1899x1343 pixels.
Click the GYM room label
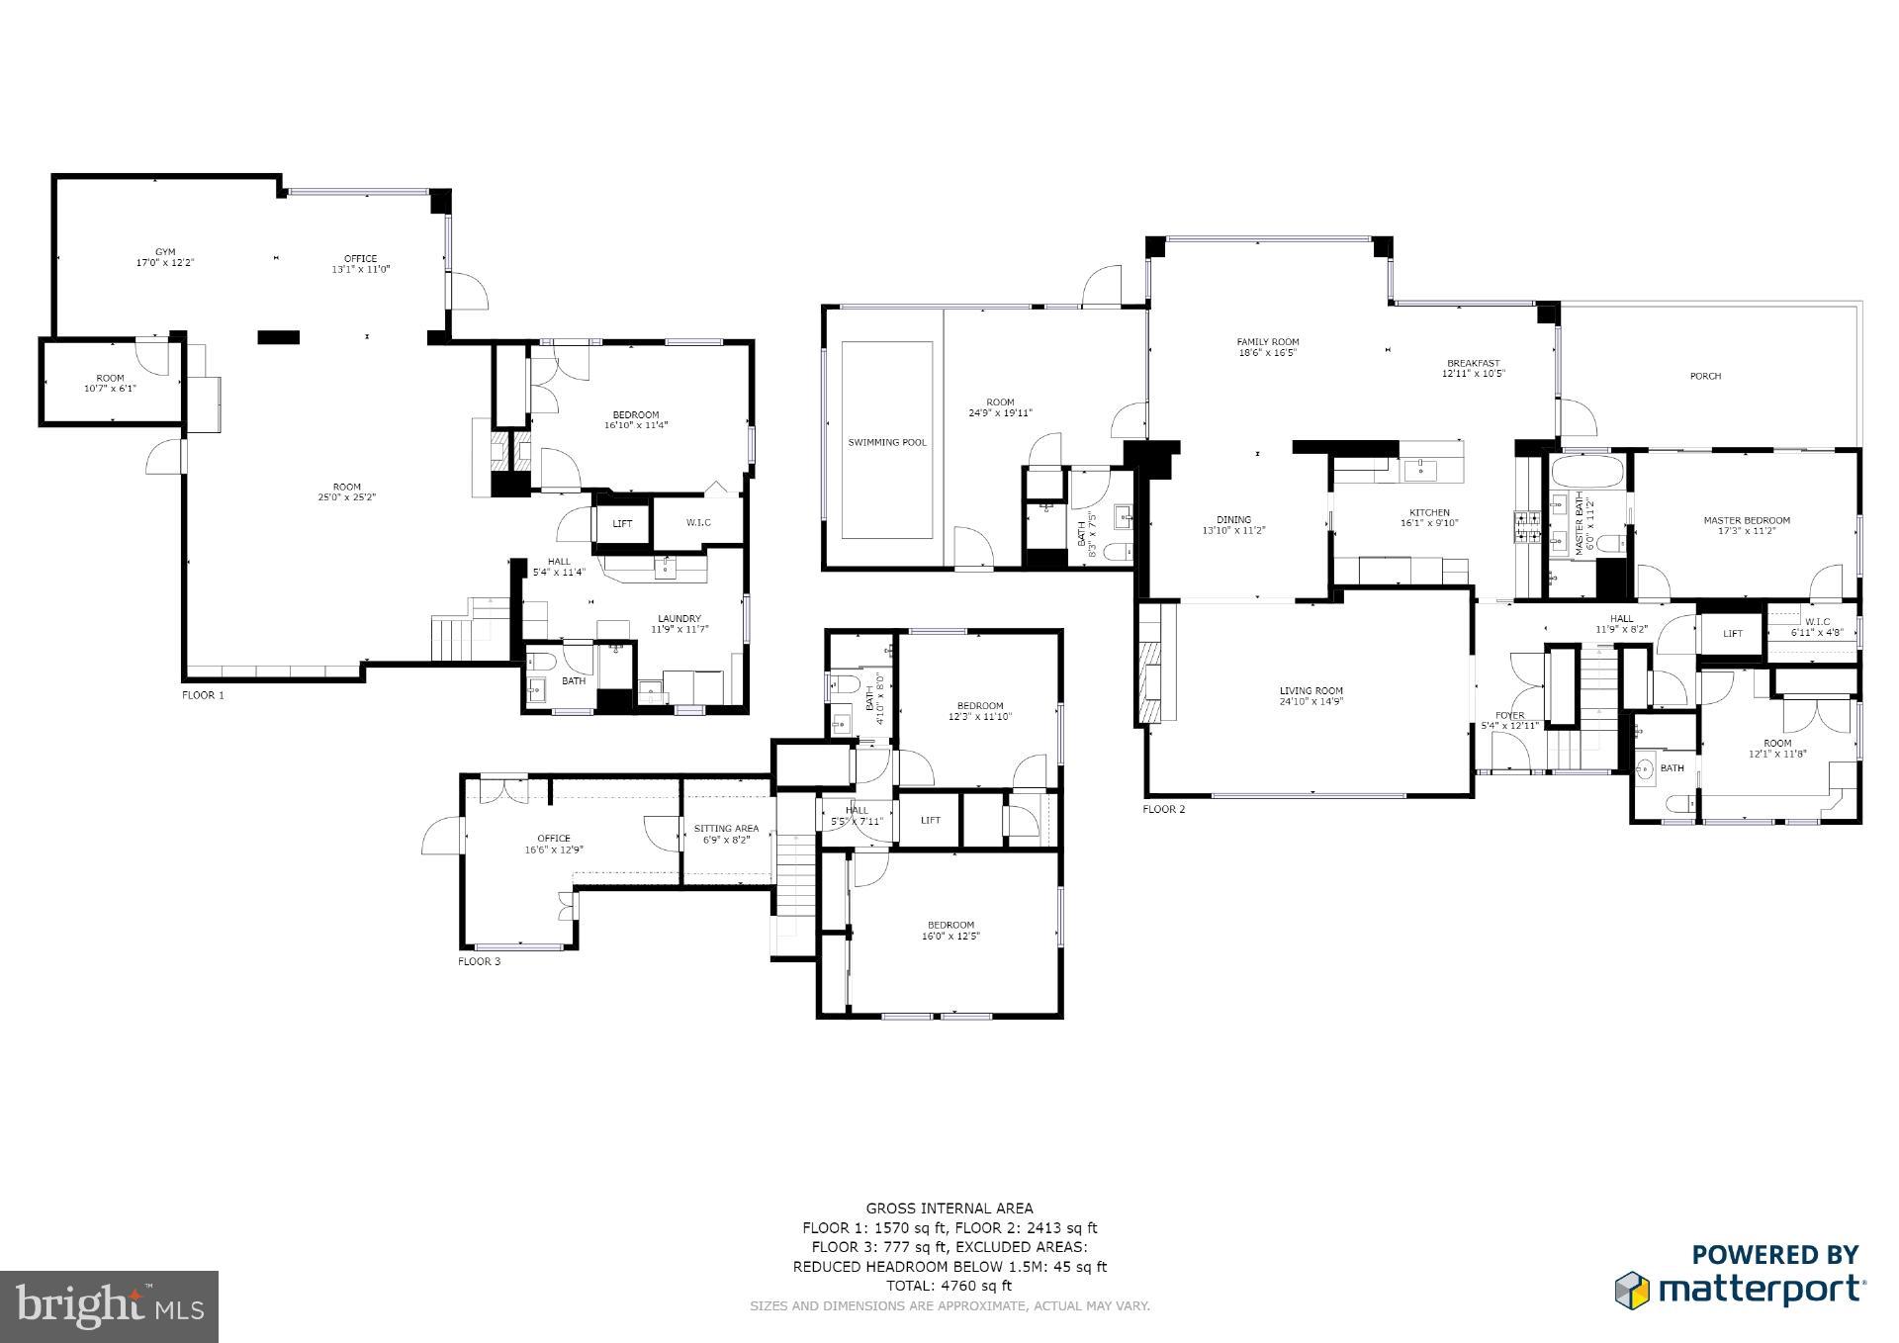(x=164, y=252)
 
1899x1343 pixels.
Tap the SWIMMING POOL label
(x=887, y=442)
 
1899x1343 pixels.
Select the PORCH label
(x=1705, y=376)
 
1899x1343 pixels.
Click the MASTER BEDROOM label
(x=1746, y=520)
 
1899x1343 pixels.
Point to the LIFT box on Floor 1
(x=622, y=524)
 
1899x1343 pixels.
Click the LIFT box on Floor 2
(x=1732, y=634)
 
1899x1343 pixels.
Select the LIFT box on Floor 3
(x=930, y=820)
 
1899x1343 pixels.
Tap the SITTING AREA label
(x=726, y=829)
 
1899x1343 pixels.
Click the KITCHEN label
(x=1429, y=513)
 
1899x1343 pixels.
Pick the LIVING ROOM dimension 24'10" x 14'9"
(x=1311, y=702)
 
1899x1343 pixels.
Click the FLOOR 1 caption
(x=203, y=695)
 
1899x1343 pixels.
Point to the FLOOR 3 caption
(x=479, y=961)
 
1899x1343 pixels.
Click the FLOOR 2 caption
(x=1163, y=809)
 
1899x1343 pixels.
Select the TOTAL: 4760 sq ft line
(x=949, y=1286)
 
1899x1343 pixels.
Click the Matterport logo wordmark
(x=1761, y=1290)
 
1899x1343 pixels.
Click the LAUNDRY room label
(x=678, y=619)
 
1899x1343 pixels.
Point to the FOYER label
(x=1509, y=716)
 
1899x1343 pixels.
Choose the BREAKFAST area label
(x=1473, y=363)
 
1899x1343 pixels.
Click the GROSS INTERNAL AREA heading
(x=949, y=1208)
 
